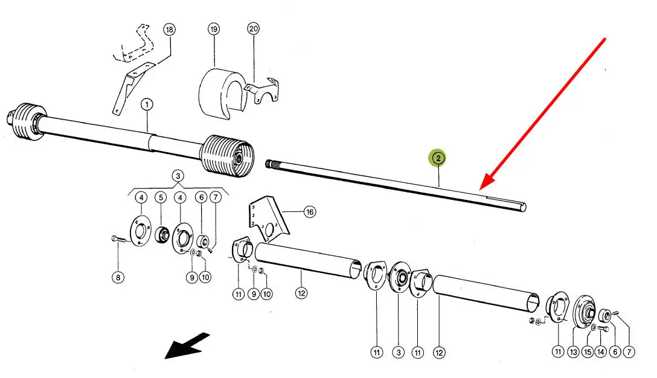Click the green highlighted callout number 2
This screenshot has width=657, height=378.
[x=437, y=158]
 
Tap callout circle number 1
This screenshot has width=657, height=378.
[x=147, y=104]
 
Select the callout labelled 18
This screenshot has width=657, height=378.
[x=169, y=30]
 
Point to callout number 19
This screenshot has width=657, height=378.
[x=214, y=30]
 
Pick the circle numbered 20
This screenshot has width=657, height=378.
[x=254, y=29]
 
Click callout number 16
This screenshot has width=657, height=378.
[x=310, y=212]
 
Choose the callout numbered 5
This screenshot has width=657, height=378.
[x=161, y=197]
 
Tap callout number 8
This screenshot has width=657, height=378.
[x=118, y=277]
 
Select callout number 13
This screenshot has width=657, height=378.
[x=573, y=353]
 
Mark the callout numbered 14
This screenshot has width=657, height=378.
[x=601, y=352]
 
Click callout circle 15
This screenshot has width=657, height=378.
[x=588, y=353]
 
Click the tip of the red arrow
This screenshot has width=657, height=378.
[x=480, y=188]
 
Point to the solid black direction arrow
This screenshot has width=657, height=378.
[x=187, y=345]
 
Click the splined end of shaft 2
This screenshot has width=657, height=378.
[x=271, y=164]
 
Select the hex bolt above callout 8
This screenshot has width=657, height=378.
[x=118, y=240]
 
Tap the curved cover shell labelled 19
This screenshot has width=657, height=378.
[x=222, y=94]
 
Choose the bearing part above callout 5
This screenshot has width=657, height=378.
[x=161, y=234]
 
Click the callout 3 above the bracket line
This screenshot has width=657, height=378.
[x=178, y=176]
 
